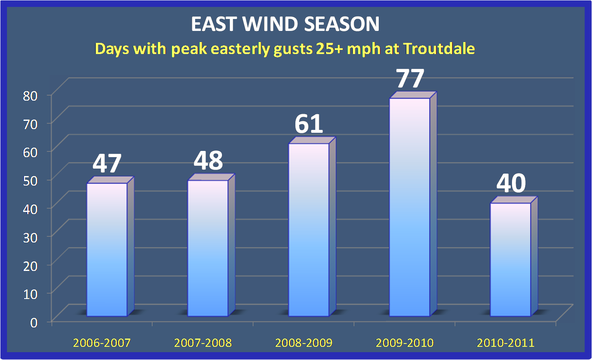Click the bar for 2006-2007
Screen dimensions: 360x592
pyautogui.click(x=107, y=249)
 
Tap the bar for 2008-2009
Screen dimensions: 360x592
pyautogui.click(x=309, y=230)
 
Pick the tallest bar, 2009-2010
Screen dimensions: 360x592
pyautogui.click(x=410, y=207)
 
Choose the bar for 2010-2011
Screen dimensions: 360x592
pyautogui.click(x=510, y=259)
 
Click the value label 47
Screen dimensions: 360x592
pyautogui.click(x=107, y=163)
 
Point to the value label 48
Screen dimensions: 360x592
pyautogui.click(x=208, y=160)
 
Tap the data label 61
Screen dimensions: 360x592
pyautogui.click(x=309, y=124)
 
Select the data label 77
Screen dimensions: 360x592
pyautogui.click(x=410, y=78)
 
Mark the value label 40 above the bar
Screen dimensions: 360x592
pyautogui.click(x=511, y=183)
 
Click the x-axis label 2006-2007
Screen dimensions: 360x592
pyautogui.click(x=101, y=343)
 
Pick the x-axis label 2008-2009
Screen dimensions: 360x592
pyautogui.click(x=304, y=343)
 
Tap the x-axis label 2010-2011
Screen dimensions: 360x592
pyautogui.click(x=505, y=343)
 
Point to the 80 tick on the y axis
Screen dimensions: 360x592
pyautogui.click(x=30, y=96)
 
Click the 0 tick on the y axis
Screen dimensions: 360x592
pyautogui.click(x=34, y=322)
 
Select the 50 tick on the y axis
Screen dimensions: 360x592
pyautogui.click(x=30, y=181)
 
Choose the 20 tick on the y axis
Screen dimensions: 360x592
pyautogui.click(x=30, y=266)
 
